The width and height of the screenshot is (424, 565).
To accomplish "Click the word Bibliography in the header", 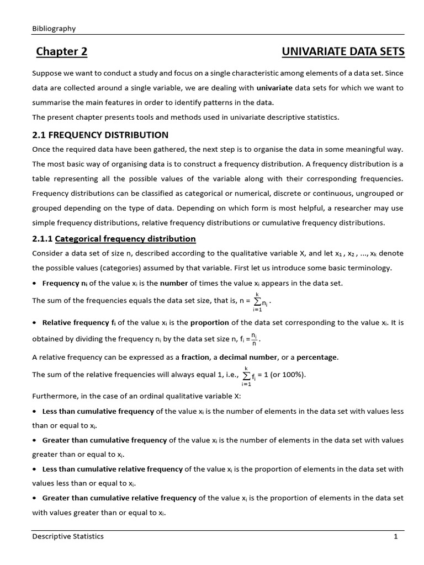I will [54, 28].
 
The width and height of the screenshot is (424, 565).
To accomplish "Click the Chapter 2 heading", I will [62, 52].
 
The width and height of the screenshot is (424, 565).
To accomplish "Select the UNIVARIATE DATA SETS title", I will [343, 52].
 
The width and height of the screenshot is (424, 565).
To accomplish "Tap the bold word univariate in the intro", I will [274, 88].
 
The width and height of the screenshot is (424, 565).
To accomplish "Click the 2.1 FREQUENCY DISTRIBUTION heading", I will [100, 135].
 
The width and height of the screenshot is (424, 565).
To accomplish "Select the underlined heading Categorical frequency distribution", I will [125, 239].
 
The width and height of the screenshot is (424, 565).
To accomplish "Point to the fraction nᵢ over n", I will [254, 338].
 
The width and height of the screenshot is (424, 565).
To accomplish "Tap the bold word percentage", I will [317, 357].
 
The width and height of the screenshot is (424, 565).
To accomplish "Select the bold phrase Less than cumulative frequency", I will [98, 412].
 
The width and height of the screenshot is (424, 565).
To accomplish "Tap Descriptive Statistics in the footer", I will [68, 536].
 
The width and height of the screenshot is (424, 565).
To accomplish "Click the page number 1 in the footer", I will [395, 536].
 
